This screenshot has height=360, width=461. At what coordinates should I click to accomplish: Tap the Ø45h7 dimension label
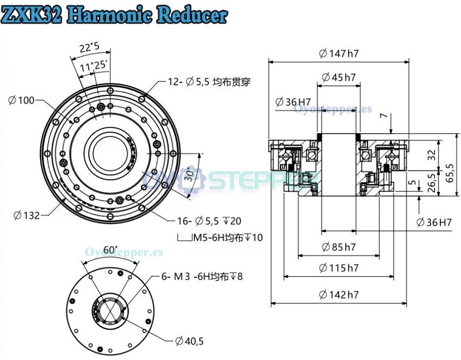point(339,77)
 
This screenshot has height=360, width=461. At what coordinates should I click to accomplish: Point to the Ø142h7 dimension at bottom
point(339,294)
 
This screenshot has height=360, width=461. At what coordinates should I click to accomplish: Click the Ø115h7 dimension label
point(339,268)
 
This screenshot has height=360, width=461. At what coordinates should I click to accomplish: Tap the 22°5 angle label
point(90,48)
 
